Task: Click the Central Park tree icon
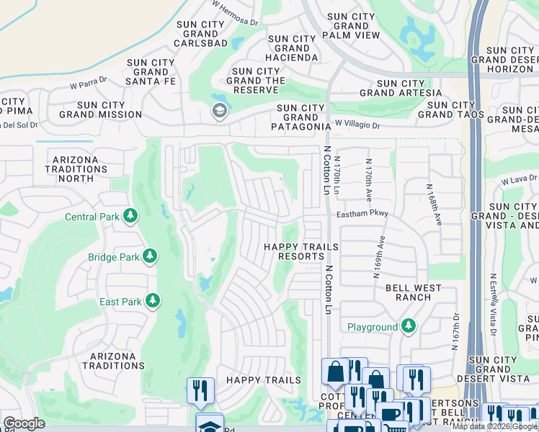click(130, 216)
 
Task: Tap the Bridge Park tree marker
click(150, 256)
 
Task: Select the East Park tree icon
click(153, 301)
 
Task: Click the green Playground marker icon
click(409, 326)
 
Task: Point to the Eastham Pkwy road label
click(362, 214)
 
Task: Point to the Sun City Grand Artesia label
click(401, 89)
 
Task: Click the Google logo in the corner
click(24, 423)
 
